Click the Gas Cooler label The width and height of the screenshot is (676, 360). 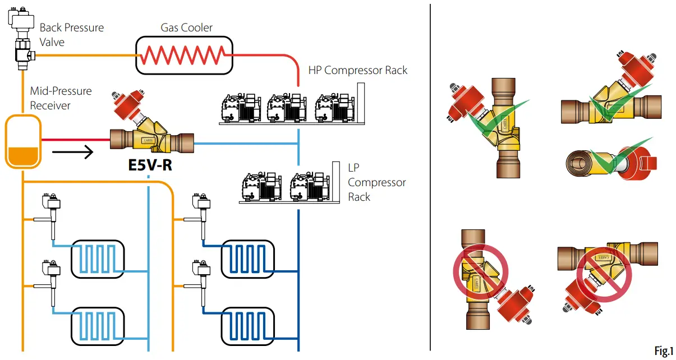[x=186, y=27]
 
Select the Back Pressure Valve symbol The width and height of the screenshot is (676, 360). [x=22, y=38]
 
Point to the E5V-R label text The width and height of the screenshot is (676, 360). [x=150, y=165]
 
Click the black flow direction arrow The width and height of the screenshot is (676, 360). [x=72, y=152]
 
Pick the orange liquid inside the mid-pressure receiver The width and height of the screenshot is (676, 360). [x=23, y=156]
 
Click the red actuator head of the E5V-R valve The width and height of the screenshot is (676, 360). [x=128, y=104]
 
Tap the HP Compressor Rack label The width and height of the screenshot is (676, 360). [x=357, y=70]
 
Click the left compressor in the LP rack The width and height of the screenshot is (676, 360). [x=262, y=187]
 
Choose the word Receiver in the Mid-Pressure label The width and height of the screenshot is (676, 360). [x=50, y=105]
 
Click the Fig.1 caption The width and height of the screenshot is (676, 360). [x=664, y=351]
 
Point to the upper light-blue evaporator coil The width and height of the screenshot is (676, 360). [x=98, y=259]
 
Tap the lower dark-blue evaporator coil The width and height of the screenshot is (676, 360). [x=248, y=326]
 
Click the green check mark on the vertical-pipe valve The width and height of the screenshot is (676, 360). [x=498, y=118]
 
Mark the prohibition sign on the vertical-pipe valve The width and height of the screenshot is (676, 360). [x=480, y=271]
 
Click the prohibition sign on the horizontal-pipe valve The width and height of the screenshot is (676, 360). [x=604, y=275]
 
